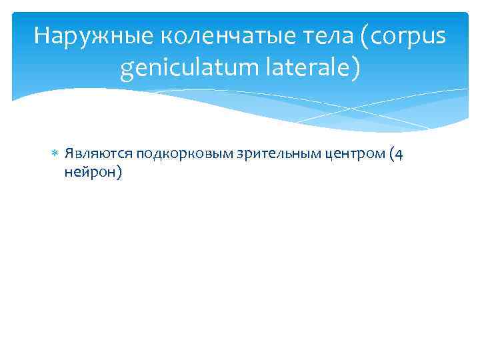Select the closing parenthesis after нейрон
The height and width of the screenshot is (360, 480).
(117, 172)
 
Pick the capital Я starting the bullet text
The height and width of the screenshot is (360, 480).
(69, 155)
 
